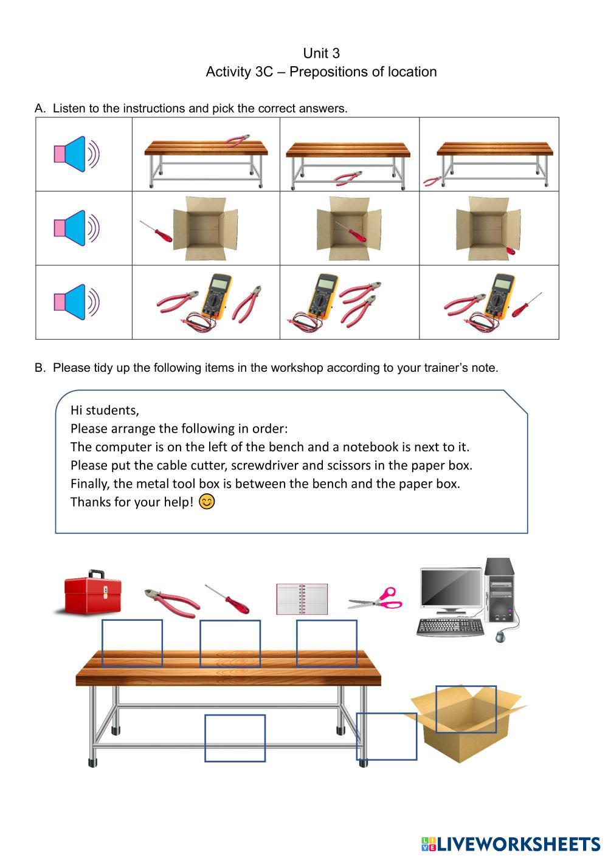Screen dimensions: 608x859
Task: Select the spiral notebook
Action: click(302, 599)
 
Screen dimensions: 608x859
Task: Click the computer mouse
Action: click(500, 637)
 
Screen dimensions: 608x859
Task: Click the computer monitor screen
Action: click(451, 588)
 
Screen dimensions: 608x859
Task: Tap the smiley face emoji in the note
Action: click(207, 501)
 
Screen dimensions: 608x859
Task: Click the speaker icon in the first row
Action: click(77, 154)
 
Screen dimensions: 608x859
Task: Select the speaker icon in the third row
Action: click(77, 302)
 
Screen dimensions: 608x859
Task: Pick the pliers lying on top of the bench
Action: click(237, 140)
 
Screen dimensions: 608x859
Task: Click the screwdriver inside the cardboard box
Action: click(350, 231)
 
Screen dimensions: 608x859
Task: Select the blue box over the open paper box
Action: click(466, 710)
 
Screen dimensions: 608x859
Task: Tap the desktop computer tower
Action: click(500, 590)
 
